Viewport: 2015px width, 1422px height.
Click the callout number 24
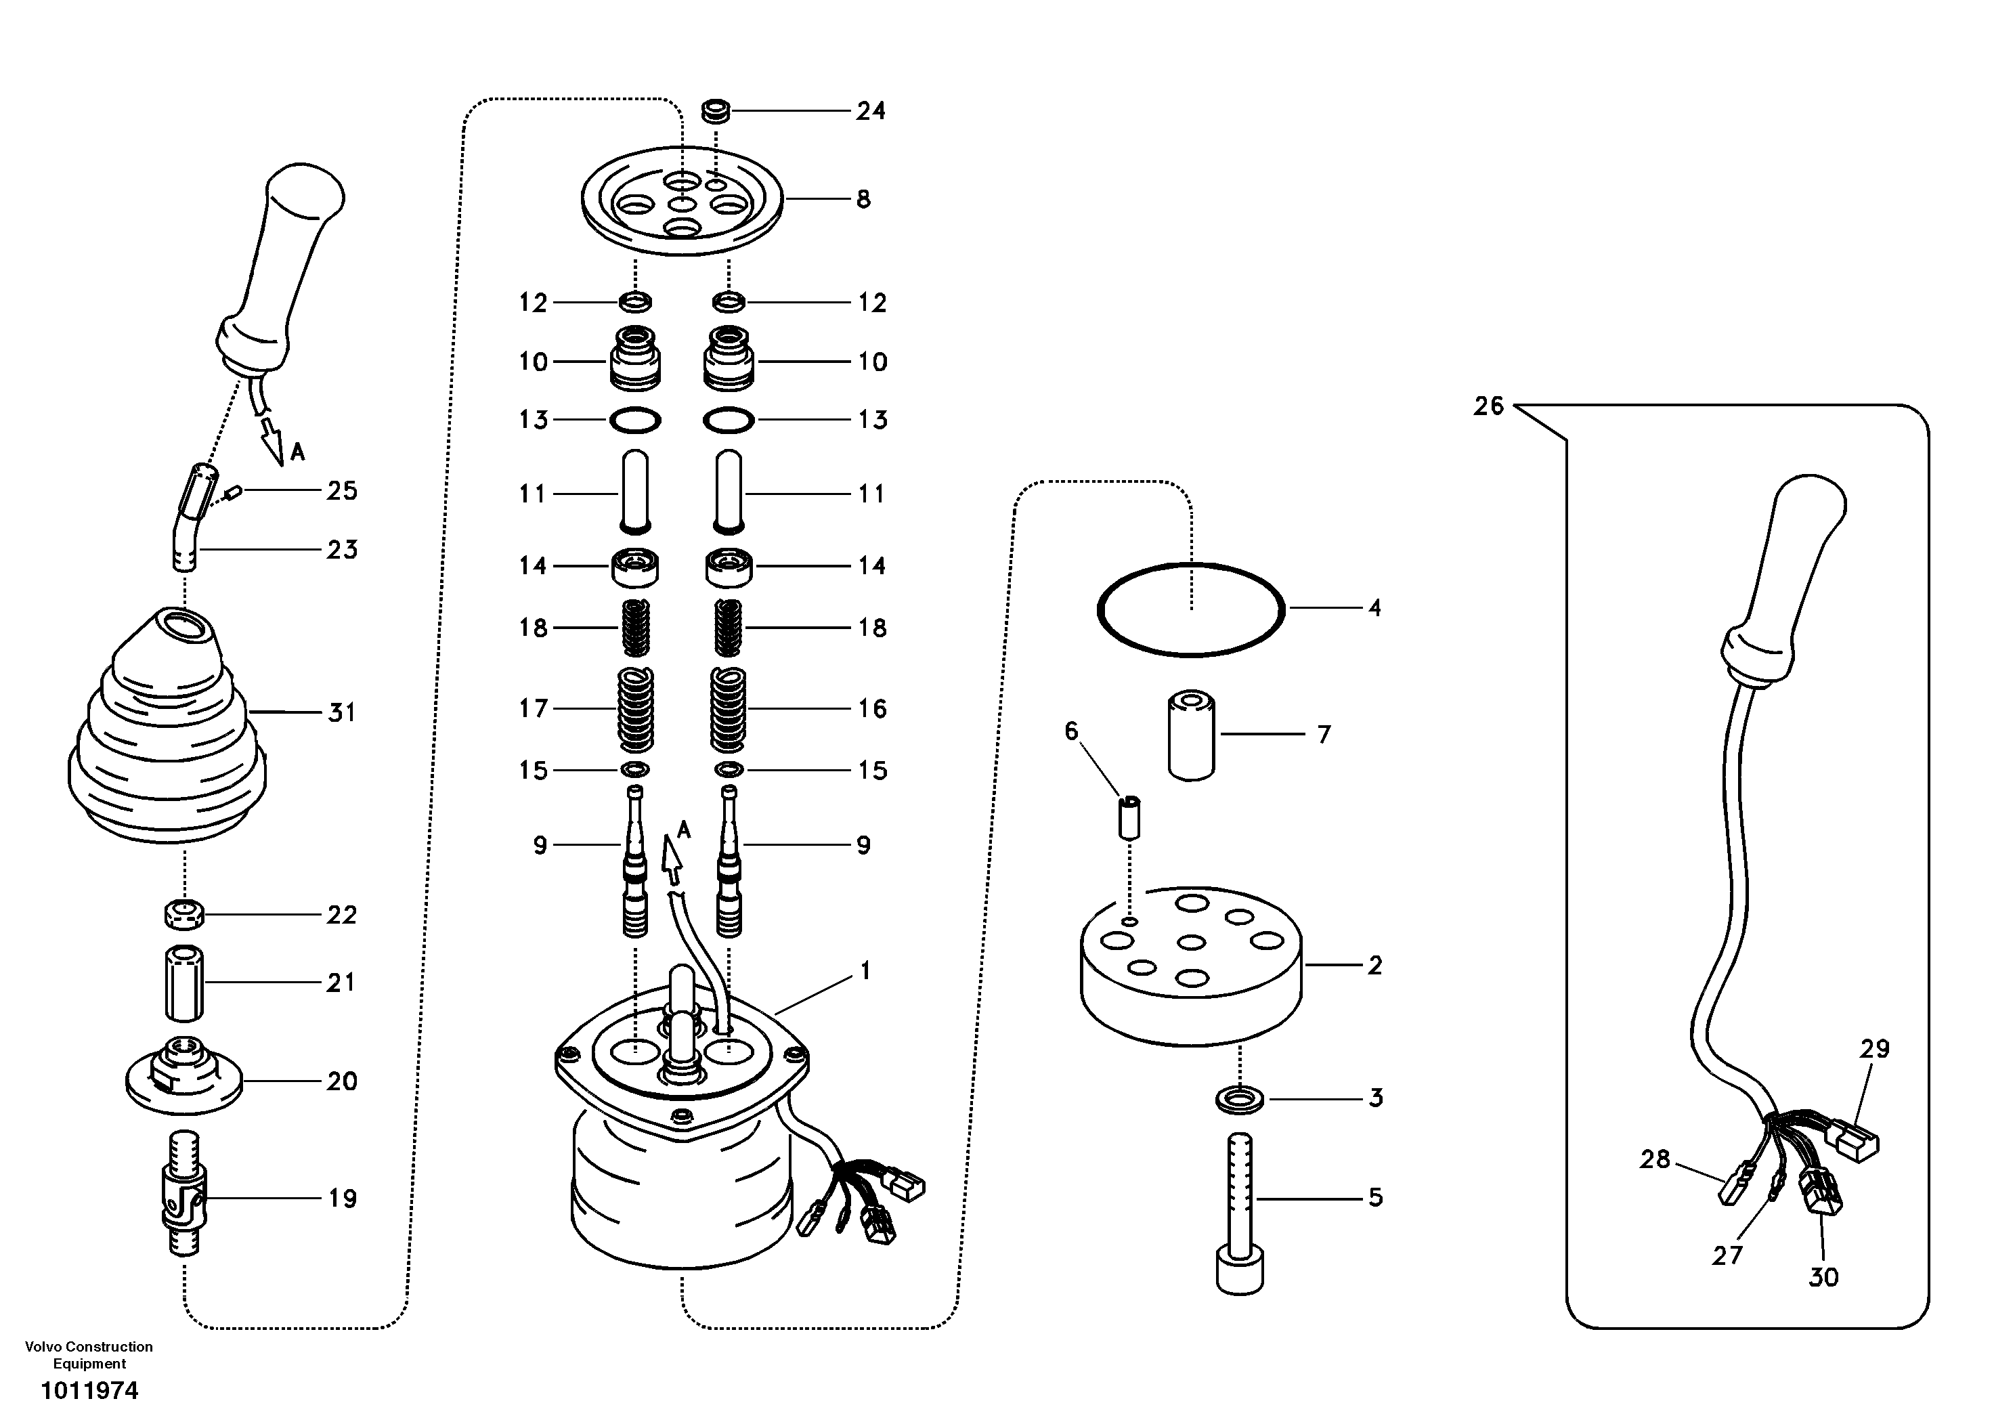(871, 112)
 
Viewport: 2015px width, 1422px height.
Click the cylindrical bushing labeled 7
(1191, 735)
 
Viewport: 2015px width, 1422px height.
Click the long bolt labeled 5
(1240, 1211)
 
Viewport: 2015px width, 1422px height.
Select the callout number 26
(1488, 406)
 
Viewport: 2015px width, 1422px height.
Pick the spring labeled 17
(636, 709)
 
